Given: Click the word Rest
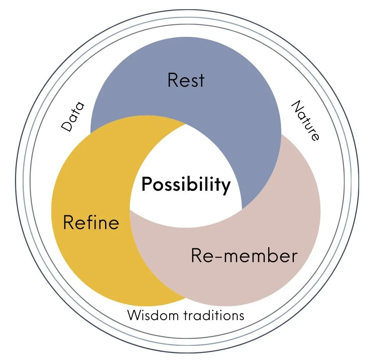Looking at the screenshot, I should pos(186,80).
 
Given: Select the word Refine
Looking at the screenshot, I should pos(91,223).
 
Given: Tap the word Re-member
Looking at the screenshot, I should pos(244,256).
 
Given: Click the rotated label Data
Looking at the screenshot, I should pos(73,117).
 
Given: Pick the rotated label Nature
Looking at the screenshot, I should pos(305,121).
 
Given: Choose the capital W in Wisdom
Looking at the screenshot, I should pos(134,315).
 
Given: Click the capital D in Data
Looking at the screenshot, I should pos(68,126).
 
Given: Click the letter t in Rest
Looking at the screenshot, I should pos(201,81).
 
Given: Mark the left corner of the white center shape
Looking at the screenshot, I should pos(130,210).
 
